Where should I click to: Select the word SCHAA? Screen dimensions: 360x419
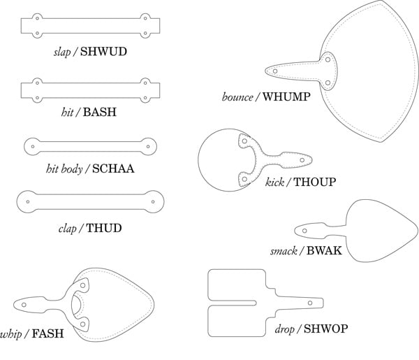[x=112, y=168]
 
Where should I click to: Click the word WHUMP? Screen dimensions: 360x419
[x=286, y=96]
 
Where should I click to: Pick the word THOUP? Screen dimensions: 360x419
[x=314, y=182]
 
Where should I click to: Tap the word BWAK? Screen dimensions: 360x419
[x=324, y=250]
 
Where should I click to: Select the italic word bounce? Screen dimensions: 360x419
[x=237, y=96]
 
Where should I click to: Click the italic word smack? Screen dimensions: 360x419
[x=284, y=250]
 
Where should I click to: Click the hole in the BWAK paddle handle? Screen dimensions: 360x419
[x=304, y=229]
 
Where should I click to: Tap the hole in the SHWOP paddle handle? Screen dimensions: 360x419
[x=312, y=303]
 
